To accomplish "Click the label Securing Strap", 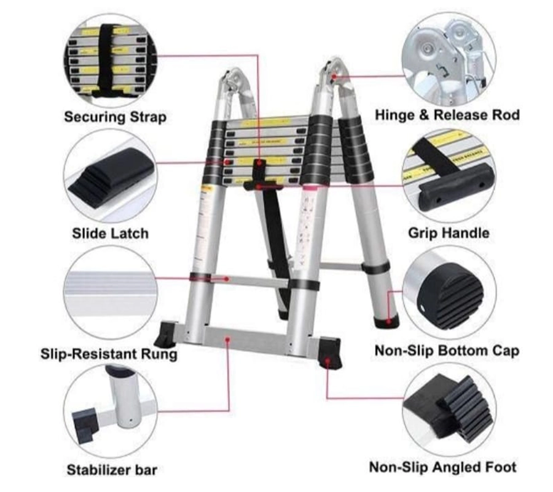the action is [x=116, y=116].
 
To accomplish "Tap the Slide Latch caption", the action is [x=110, y=233].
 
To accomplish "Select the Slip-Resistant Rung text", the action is [x=109, y=354].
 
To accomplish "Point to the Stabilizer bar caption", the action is [x=112, y=470].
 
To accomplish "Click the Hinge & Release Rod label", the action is [x=447, y=115].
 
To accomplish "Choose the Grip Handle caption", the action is [x=449, y=233].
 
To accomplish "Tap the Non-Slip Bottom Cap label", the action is [x=447, y=351].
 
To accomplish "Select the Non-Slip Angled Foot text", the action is [x=442, y=467].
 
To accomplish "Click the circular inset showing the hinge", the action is [x=449, y=58].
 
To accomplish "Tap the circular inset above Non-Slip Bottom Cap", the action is [x=449, y=293].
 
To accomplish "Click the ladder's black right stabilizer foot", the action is [x=330, y=353].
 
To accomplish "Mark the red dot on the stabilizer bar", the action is [x=228, y=339].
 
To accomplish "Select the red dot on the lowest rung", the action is [x=227, y=279].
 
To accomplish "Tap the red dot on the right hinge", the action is [x=334, y=76].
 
